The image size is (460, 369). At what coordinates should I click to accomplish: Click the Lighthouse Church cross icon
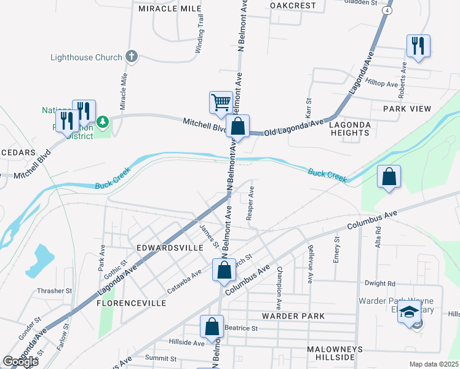pos(131,57)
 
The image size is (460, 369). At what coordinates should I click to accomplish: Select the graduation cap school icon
pos(408,312)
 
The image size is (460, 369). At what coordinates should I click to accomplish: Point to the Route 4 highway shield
pos(387,10)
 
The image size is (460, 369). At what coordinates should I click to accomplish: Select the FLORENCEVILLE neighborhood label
pos(131,303)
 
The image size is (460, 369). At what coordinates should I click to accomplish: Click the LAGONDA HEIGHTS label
pos(350,128)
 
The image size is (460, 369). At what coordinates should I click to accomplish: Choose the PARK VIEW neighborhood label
pos(407,108)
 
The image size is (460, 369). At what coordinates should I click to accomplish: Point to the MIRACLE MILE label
pos(170,9)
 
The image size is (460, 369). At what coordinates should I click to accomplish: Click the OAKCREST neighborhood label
pos(293,6)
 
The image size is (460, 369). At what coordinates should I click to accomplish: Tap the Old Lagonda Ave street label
pos(294,128)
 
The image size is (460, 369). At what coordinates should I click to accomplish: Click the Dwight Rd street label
pos(379,284)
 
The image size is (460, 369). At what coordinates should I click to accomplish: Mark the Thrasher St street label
pos(55,291)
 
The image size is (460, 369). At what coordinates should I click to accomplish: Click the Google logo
pos(20,361)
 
